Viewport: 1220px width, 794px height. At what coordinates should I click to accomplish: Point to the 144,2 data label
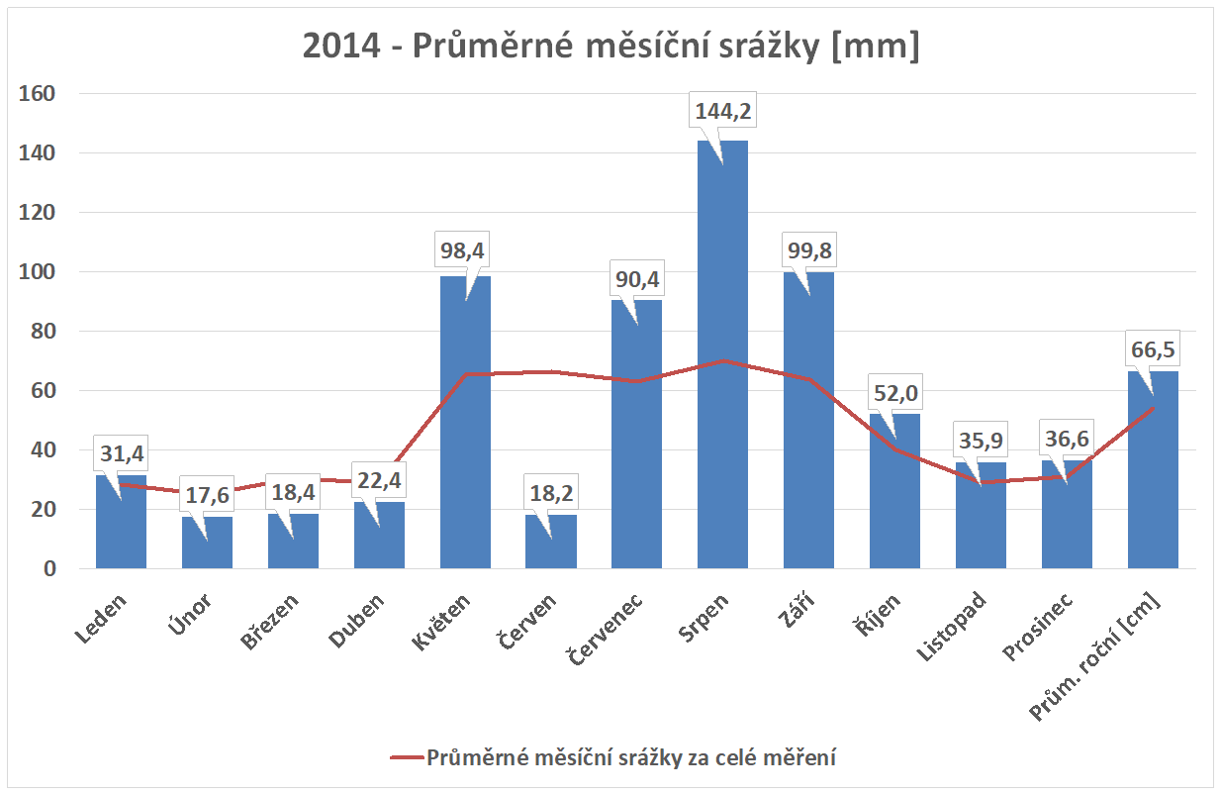click(722, 111)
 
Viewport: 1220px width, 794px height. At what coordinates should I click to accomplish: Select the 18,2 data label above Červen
click(551, 492)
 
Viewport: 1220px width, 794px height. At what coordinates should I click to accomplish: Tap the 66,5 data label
click(1153, 349)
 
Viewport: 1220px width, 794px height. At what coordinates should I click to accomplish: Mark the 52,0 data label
click(894, 394)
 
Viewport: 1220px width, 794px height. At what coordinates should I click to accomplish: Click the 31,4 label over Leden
click(121, 455)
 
